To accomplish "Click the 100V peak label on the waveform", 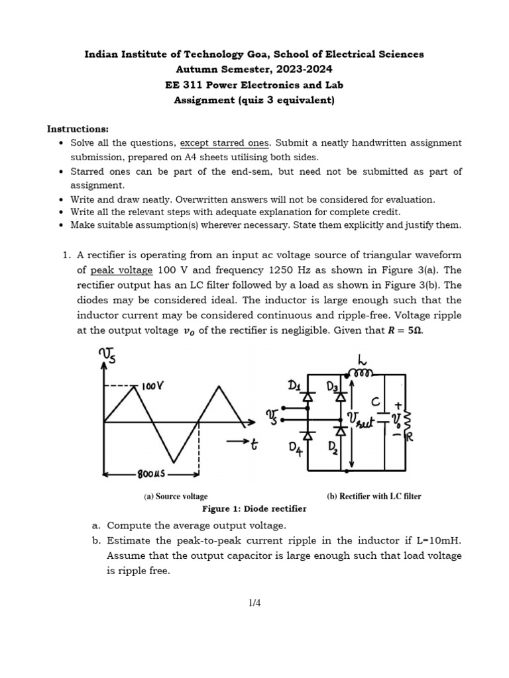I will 153,385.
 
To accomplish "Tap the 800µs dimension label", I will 152,474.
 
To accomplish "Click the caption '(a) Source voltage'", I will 176,496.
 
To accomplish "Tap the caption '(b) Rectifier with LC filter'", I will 374,496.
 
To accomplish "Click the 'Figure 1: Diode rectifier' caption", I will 254,508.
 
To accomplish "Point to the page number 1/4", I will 254,603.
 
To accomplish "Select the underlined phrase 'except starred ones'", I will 225,143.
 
